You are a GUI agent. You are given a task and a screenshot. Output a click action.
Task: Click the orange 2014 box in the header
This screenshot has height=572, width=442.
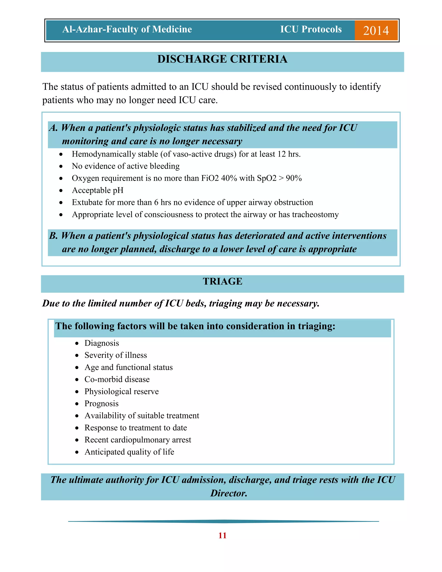pyautogui.click(x=376, y=30)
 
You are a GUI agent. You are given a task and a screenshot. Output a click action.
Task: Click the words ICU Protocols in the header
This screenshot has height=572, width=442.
pyautogui.click(x=311, y=29)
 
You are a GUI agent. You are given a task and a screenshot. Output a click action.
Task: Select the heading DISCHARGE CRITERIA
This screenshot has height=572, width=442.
pyautogui.click(x=222, y=59)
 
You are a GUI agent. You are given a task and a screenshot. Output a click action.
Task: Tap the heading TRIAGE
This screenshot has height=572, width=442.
pyautogui.click(x=223, y=281)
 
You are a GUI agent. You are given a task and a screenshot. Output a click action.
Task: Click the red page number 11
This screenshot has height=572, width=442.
pyautogui.click(x=222, y=536)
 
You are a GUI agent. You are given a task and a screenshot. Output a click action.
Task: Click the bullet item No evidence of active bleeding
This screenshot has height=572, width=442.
pyautogui.click(x=126, y=166)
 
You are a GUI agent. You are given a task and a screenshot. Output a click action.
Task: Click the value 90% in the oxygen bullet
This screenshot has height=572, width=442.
pyautogui.click(x=294, y=178)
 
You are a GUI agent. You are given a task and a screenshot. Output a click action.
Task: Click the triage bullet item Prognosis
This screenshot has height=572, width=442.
pyautogui.click(x=101, y=404)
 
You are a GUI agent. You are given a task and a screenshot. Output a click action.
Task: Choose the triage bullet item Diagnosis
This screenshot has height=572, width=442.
pyautogui.click(x=102, y=343)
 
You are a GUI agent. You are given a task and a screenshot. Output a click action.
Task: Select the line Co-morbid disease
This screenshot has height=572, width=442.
pyautogui.click(x=117, y=379)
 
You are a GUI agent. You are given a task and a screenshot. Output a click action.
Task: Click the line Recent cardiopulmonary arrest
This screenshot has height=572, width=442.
pyautogui.click(x=138, y=440)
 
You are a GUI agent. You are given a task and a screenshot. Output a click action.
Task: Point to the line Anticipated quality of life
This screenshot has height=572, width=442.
pyautogui.click(x=129, y=452)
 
